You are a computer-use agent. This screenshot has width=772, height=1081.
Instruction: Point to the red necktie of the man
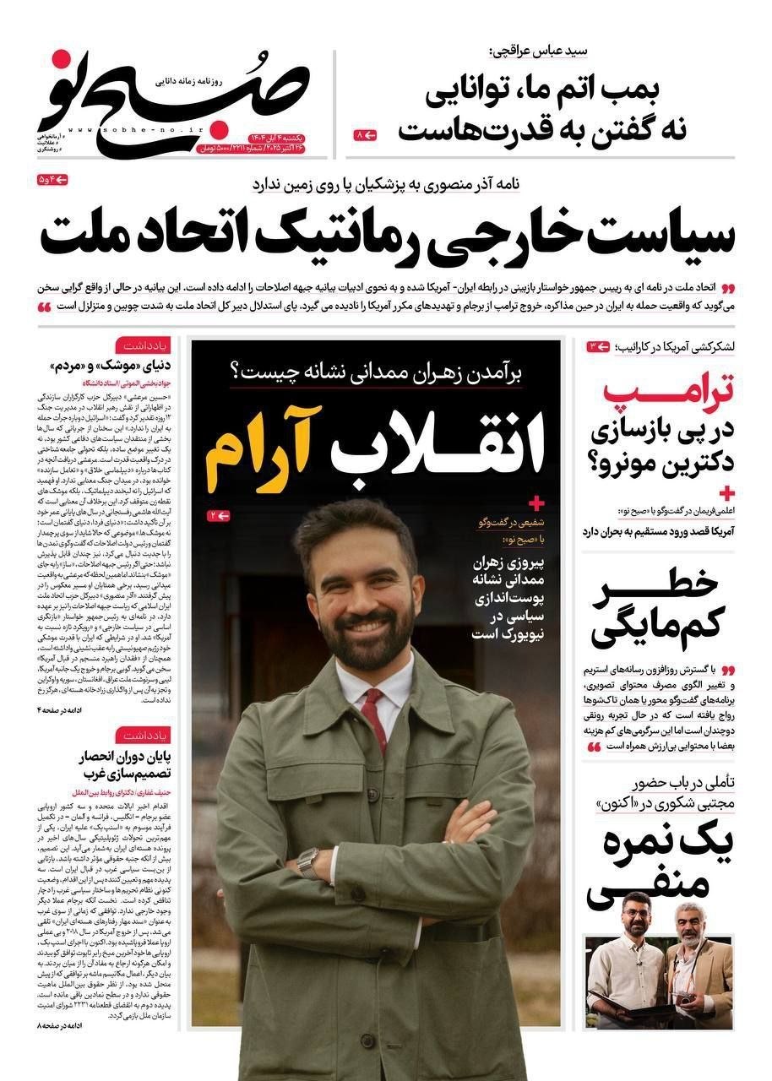372,718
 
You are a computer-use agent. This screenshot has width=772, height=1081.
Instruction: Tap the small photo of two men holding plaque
660,981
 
